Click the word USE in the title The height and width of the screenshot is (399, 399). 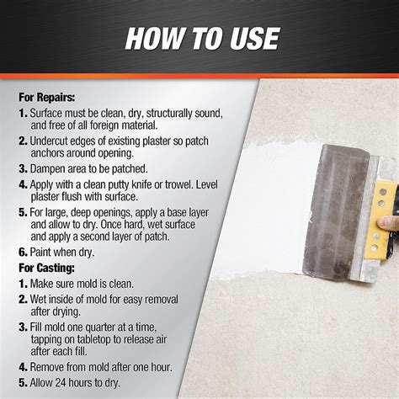pyautogui.click(x=254, y=39)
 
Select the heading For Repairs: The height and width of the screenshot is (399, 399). pyautogui.click(x=47, y=98)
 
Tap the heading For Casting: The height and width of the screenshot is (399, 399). pyautogui.click(x=46, y=268)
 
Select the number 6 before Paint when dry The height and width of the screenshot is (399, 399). pyautogui.click(x=23, y=253)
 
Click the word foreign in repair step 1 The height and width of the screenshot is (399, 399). pyautogui.click(x=104, y=125)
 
